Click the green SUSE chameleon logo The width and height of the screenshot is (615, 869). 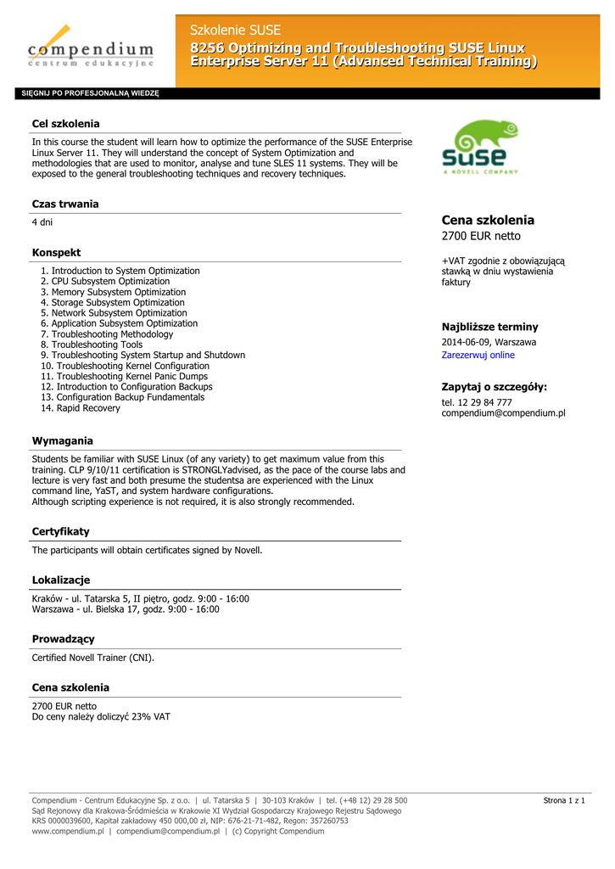tap(481, 146)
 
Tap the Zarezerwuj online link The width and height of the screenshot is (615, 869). tap(478, 355)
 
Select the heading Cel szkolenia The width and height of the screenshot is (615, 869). tap(65, 124)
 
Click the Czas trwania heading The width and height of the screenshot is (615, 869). tap(65, 204)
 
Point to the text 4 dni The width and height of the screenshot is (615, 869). tap(42, 222)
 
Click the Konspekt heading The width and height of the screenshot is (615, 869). tap(56, 252)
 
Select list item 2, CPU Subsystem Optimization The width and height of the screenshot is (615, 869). tap(105, 281)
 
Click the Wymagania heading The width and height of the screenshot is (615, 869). tap(63, 440)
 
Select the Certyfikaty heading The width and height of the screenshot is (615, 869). tap(60, 531)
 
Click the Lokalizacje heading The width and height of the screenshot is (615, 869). tap(60, 580)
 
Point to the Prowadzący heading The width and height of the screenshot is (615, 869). tap(63, 638)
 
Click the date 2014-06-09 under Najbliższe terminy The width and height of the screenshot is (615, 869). tap(466, 342)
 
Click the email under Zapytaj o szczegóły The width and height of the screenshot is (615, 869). tap(503, 413)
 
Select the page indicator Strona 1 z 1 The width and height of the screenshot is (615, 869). tap(563, 800)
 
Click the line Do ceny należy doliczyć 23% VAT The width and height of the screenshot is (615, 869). tap(101, 716)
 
